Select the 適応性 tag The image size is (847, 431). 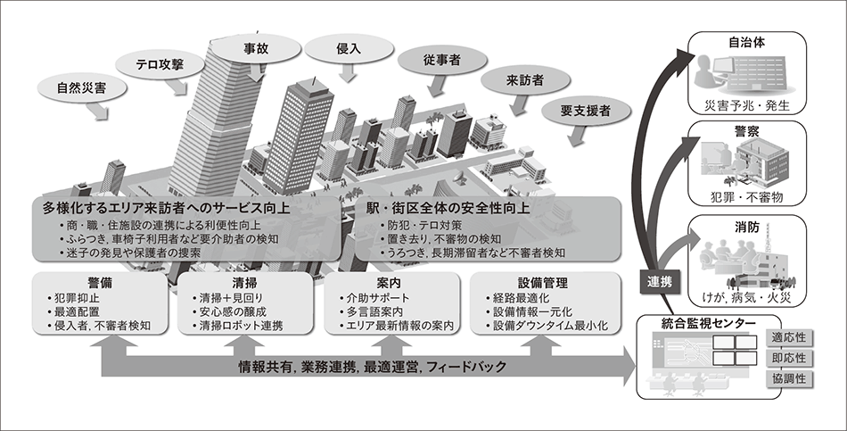click(x=788, y=338)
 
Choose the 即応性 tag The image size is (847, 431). click(x=788, y=359)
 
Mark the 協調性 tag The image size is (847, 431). click(x=788, y=379)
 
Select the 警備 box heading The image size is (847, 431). click(x=100, y=282)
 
